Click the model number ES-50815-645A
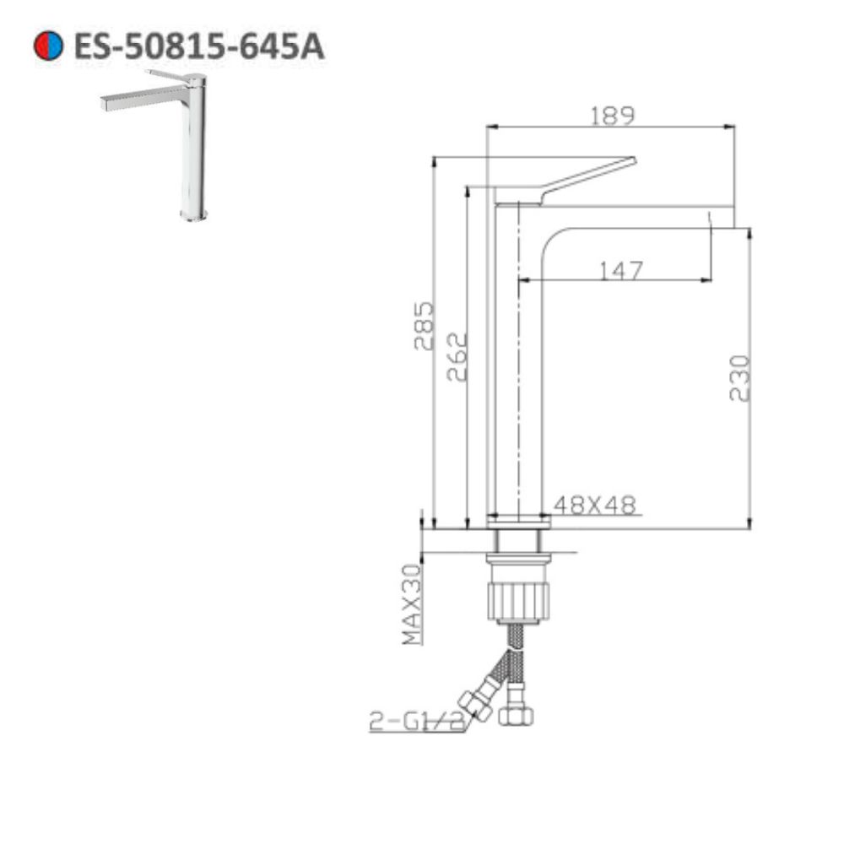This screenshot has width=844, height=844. tap(198, 46)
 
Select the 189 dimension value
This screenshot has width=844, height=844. tap(612, 115)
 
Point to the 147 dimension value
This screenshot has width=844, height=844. tap(620, 270)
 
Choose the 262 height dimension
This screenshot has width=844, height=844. tap(456, 356)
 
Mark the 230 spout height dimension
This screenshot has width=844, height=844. tap(739, 377)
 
